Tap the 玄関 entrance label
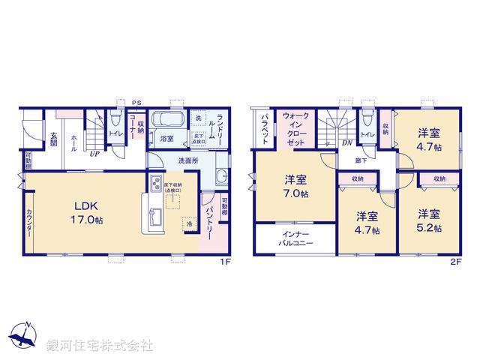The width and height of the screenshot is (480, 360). (x=54, y=140)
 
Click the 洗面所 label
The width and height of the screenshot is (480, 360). (x=189, y=160)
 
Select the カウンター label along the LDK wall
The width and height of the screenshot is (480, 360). (x=30, y=223)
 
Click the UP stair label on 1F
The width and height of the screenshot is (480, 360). (x=95, y=154)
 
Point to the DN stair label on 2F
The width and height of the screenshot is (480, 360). (x=347, y=142)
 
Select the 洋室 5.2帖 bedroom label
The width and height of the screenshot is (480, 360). (x=429, y=220)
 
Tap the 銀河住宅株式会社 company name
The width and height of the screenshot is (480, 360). (x=100, y=345)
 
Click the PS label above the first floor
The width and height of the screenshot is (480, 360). (x=136, y=103)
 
